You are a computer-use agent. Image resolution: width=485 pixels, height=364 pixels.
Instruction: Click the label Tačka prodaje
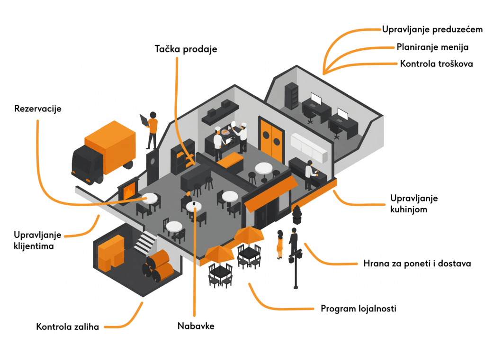pos(186,49)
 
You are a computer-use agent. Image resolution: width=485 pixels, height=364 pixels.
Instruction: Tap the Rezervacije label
pos(38,109)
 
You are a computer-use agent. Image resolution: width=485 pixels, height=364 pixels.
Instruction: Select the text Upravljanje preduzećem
pos(432,29)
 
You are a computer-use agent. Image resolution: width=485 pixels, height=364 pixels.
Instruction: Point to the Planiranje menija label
pos(432,47)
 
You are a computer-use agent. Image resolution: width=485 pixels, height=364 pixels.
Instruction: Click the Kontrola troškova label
pos(436,64)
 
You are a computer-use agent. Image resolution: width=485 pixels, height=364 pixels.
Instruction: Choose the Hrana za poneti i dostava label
pos(417,264)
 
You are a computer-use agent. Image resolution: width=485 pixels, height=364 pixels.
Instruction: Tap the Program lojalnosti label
pos(358,309)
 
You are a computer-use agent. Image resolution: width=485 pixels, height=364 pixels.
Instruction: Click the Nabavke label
pos(196,326)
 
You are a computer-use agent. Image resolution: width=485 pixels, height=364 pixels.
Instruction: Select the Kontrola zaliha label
pos(68,327)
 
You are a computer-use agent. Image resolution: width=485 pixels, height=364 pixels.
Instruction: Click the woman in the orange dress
pos(280,244)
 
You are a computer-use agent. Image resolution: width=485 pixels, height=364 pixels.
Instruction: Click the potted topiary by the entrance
pos(297,215)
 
